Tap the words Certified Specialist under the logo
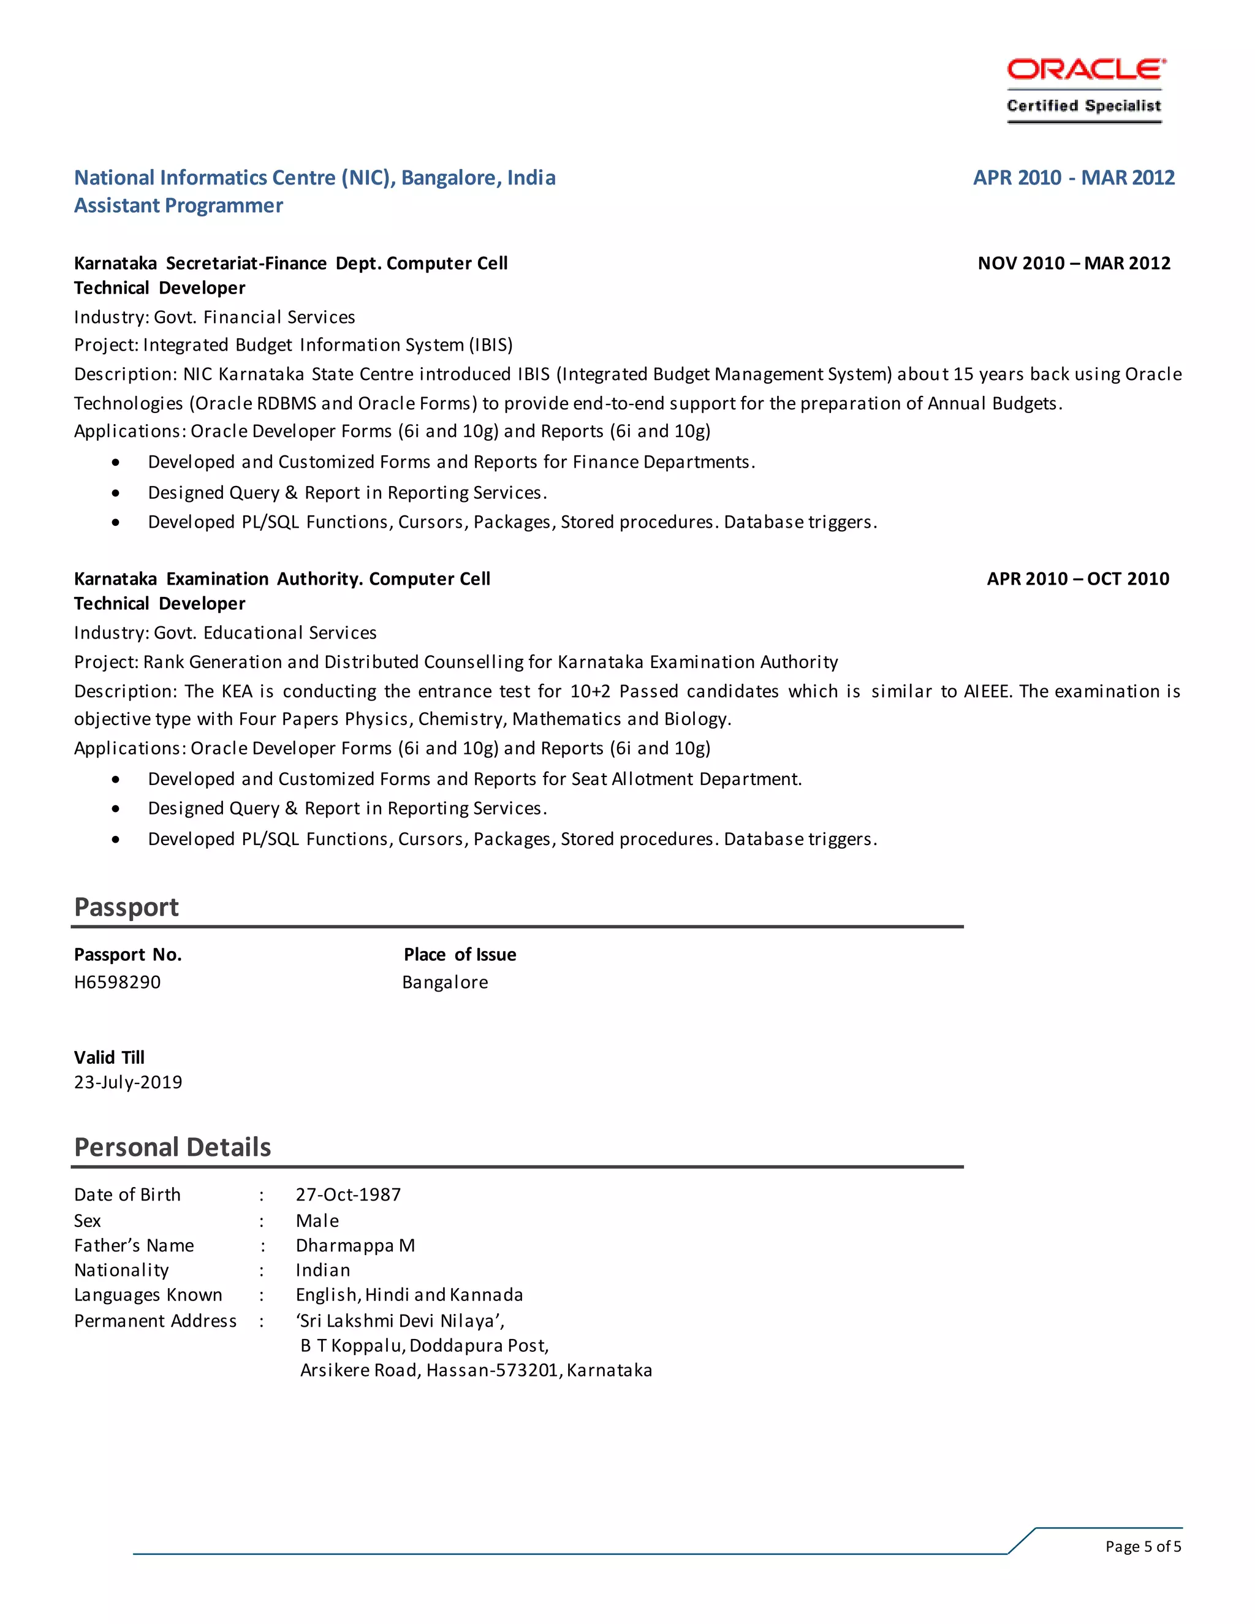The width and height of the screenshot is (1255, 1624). (1084, 105)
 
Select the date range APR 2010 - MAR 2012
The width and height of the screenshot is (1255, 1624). (1074, 178)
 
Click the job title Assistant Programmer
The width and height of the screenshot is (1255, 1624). (178, 206)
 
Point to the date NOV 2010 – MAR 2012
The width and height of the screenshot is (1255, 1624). (1074, 264)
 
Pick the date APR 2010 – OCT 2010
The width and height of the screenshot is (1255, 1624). (1077, 579)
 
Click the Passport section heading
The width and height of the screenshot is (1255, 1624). (126, 907)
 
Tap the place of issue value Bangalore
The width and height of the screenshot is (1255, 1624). (445, 982)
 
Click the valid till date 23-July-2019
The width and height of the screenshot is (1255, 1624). (128, 1083)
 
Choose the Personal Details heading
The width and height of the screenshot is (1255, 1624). (172, 1147)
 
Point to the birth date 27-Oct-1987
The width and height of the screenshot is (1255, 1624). (348, 1195)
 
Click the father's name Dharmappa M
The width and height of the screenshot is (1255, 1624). (355, 1245)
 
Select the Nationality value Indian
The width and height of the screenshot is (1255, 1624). (323, 1270)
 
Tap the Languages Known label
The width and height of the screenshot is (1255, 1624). (148, 1296)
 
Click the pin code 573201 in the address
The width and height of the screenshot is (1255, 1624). (530, 1370)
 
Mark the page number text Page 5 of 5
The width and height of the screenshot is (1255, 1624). (1143, 1547)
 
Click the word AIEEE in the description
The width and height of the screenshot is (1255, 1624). (987, 691)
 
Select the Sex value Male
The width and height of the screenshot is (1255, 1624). (317, 1221)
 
